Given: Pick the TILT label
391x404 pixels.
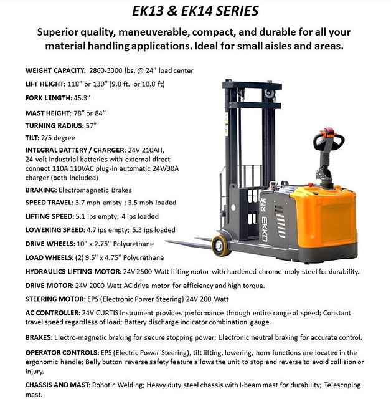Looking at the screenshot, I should (32, 138).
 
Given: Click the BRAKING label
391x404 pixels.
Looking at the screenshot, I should (42, 190).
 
